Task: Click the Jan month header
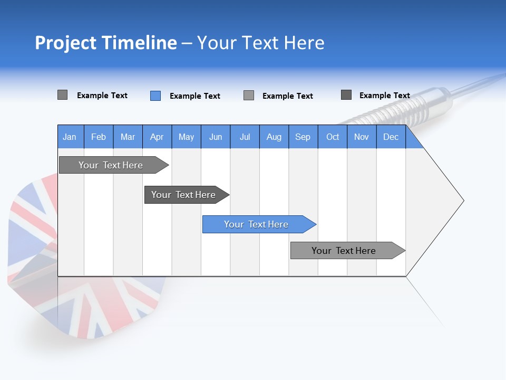click(x=70, y=137)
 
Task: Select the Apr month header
click(x=157, y=137)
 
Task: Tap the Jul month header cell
click(x=245, y=137)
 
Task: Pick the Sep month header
click(x=303, y=137)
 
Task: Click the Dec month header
click(x=391, y=137)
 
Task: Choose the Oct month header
click(x=333, y=137)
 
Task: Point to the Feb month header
click(x=99, y=137)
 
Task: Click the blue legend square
click(x=155, y=96)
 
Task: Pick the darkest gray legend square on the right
click(x=346, y=95)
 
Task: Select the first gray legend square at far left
click(x=62, y=95)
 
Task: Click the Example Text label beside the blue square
click(x=195, y=96)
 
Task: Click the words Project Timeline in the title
click(x=105, y=43)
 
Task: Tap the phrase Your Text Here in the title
click(x=260, y=43)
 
